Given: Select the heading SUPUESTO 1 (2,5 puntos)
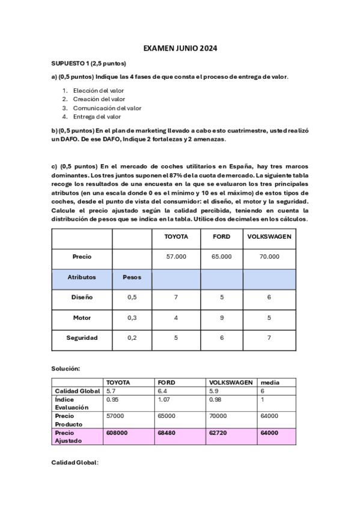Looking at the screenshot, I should point(88,63).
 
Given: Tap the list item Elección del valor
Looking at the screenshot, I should point(99,90).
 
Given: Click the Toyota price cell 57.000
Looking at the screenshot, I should point(176,257).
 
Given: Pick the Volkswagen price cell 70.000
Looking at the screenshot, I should point(269,257).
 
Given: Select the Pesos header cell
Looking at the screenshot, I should point(132,277).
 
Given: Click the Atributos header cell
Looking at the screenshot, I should point(82,277).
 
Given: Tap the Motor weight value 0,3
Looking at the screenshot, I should point(132,318).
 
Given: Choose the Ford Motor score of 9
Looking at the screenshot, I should point(222,318).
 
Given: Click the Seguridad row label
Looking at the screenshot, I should point(82,338).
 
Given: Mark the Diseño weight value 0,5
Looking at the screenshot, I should point(132,297).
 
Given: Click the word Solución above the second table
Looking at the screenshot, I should point(66,367).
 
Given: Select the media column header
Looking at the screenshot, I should point(269,382).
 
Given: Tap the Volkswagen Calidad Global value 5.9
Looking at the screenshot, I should point(213,391).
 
